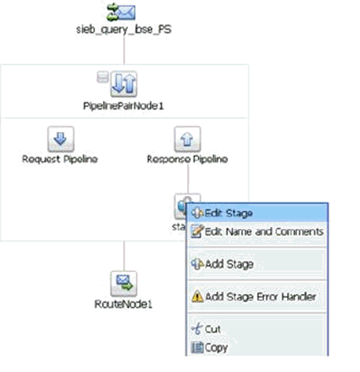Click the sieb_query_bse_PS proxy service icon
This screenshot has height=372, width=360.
(121, 12)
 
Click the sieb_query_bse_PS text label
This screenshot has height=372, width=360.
(123, 29)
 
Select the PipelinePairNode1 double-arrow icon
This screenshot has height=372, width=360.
(123, 83)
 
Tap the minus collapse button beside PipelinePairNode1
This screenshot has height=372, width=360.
(102, 77)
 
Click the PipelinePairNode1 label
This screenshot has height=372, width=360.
(123, 106)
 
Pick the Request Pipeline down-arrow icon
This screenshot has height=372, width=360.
(61, 139)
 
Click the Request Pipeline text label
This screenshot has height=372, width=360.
(60, 159)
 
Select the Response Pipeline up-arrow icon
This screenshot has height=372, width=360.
(187, 139)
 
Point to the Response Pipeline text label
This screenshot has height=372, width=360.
(187, 159)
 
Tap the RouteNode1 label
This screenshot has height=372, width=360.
(123, 304)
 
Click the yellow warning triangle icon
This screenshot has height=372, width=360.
(197, 296)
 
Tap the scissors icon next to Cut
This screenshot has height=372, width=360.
(197, 329)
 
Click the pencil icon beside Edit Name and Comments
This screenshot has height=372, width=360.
(197, 231)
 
